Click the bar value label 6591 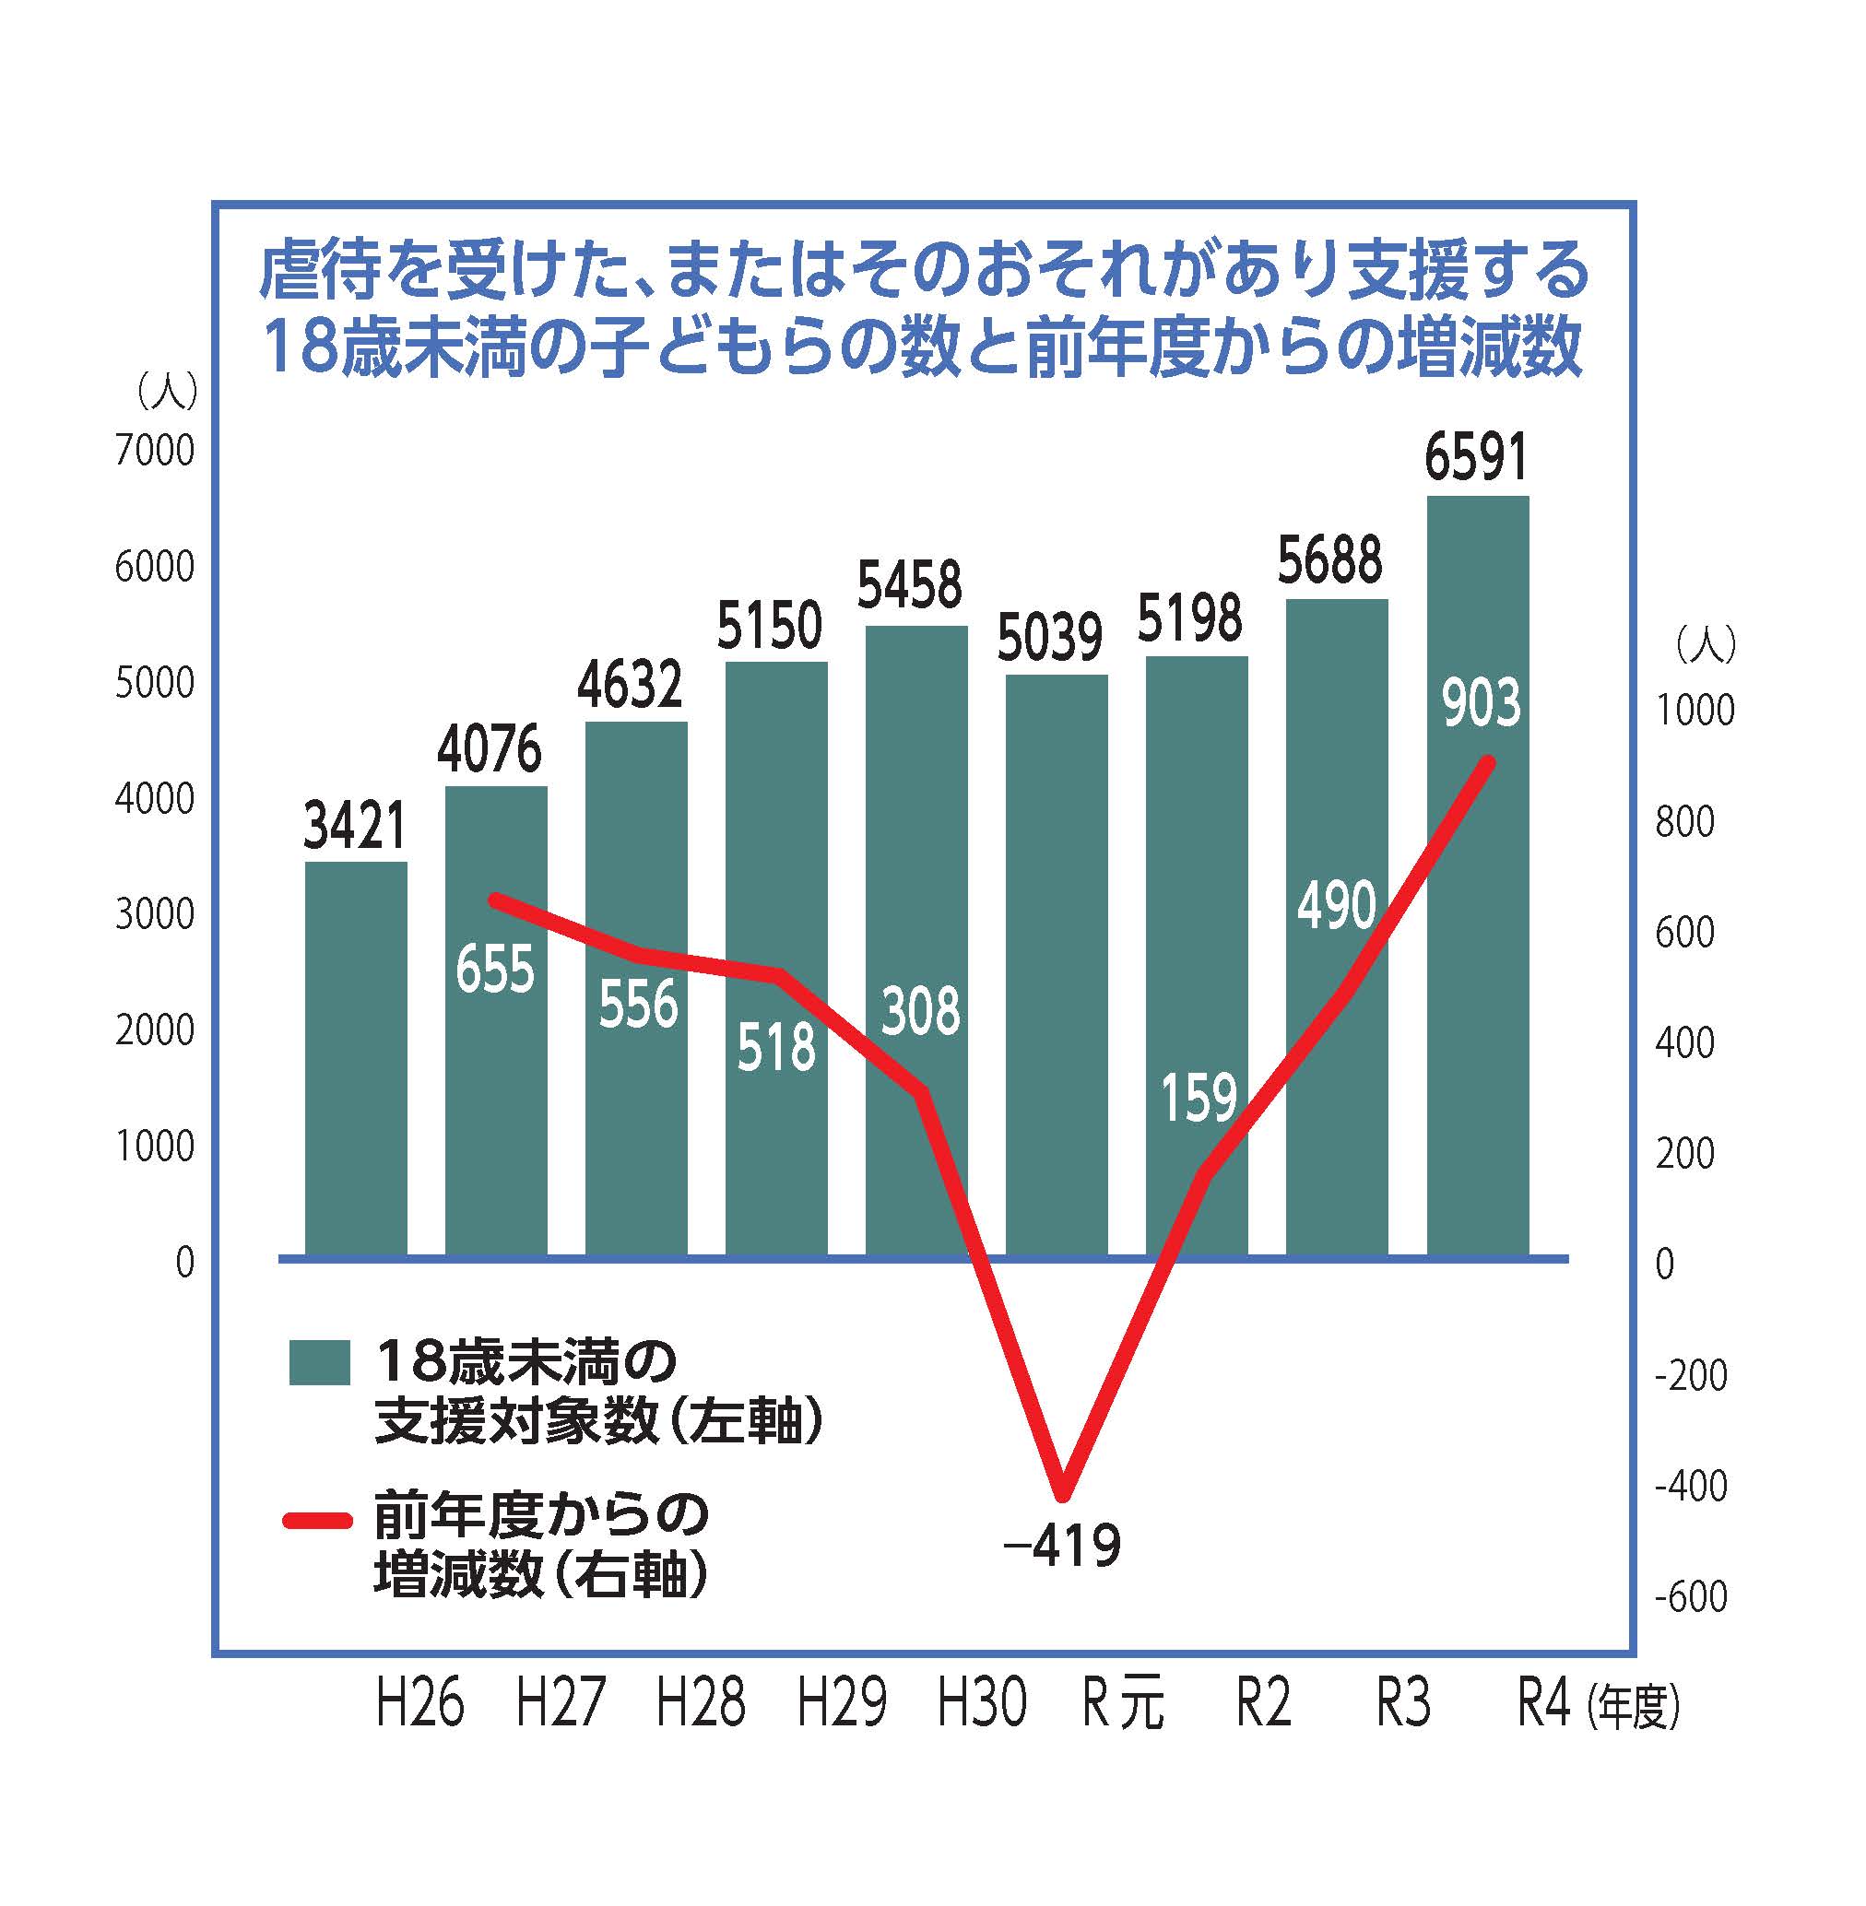tap(1476, 458)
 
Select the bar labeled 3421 tap(356, 1058)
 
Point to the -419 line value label tap(1061, 1546)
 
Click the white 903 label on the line tap(1481, 703)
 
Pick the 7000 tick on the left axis tap(155, 451)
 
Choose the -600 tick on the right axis tap(1690, 1596)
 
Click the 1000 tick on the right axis tap(1694, 710)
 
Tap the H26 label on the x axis tap(419, 1702)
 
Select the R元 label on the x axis tap(1123, 1702)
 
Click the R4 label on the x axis tap(1543, 1702)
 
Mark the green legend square tap(320, 1362)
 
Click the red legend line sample tap(316, 1521)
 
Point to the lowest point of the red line tap(1063, 1497)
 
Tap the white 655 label tap(495, 971)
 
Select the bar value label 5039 tap(1049, 637)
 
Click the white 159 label tap(1199, 1098)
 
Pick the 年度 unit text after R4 tap(1635, 1706)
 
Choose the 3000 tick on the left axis tap(155, 914)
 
